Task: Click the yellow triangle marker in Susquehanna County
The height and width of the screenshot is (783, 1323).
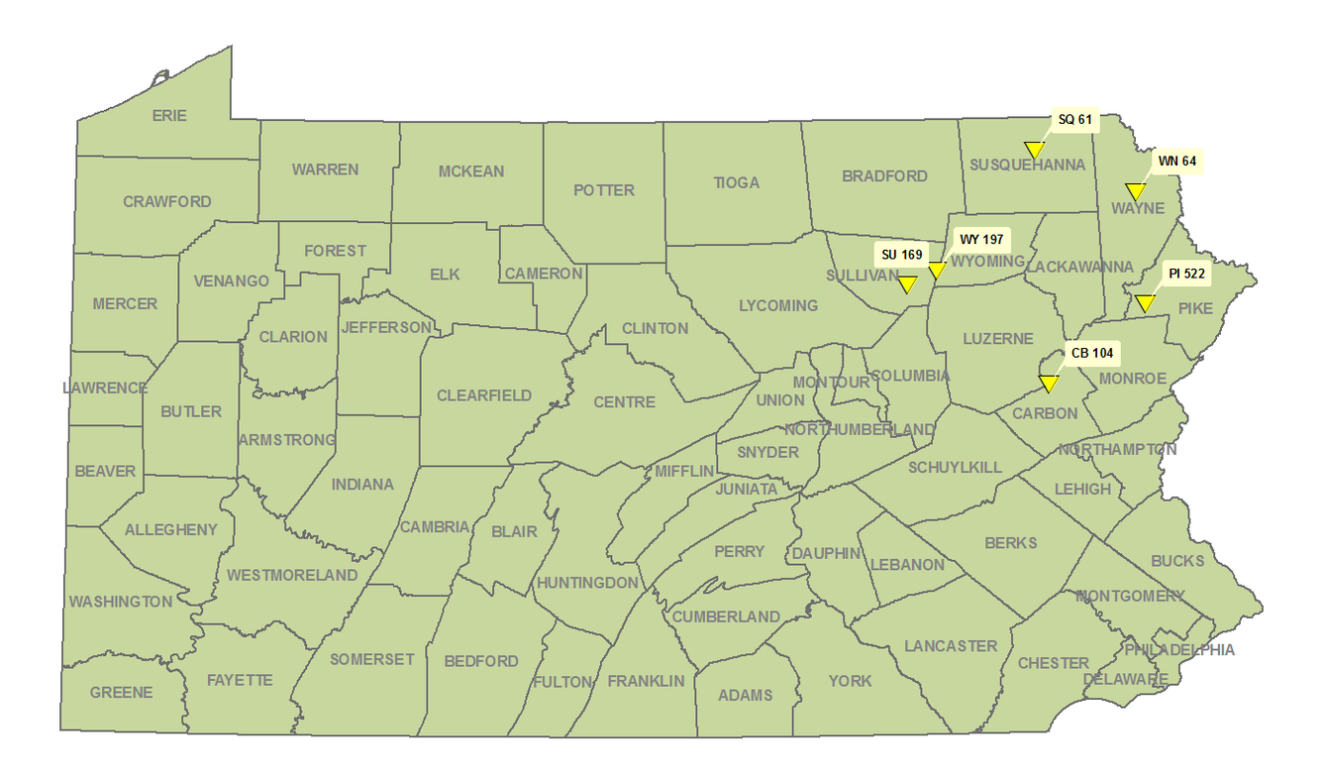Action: click(1034, 150)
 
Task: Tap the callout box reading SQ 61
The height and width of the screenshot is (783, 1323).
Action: click(1074, 120)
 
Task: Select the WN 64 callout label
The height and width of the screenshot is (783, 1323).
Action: click(1175, 160)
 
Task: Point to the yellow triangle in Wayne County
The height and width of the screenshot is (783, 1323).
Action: click(1135, 191)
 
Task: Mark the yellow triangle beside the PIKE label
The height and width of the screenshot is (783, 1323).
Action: click(1144, 303)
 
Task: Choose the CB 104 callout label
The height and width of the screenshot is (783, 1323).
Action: click(1092, 353)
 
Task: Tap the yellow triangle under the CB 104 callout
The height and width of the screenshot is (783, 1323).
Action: click(1049, 384)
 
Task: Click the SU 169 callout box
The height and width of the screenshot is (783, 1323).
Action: click(901, 255)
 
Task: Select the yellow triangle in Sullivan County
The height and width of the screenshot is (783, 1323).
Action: click(906, 285)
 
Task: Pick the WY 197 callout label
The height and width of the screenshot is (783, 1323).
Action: click(981, 240)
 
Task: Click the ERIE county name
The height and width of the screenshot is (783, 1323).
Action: click(168, 115)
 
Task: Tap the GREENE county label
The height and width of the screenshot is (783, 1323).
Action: click(121, 692)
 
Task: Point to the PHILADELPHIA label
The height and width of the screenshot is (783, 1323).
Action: click(1178, 650)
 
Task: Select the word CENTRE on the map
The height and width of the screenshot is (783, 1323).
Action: click(624, 401)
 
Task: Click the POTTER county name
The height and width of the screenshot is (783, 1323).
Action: click(603, 189)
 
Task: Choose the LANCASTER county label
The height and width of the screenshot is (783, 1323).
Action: click(950, 646)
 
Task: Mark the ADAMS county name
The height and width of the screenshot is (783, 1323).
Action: click(745, 695)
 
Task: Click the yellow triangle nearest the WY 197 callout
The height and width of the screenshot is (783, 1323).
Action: click(936, 271)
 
